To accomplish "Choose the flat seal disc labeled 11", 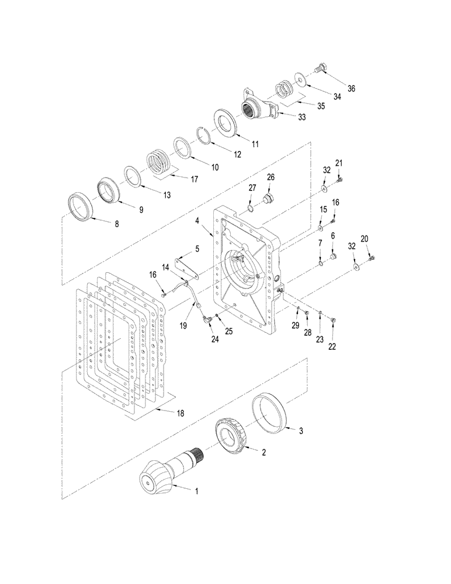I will click(224, 122).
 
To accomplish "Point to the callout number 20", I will click(365, 238).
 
